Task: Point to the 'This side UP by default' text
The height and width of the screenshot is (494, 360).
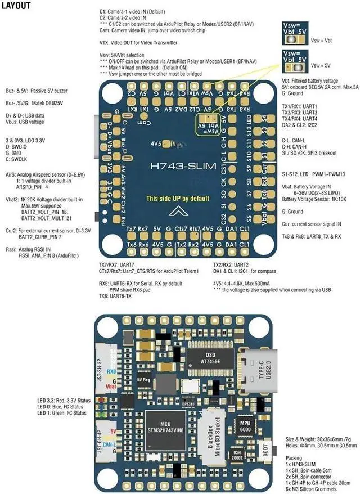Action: pos(177,199)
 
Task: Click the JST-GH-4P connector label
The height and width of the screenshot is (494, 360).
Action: pos(100,442)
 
